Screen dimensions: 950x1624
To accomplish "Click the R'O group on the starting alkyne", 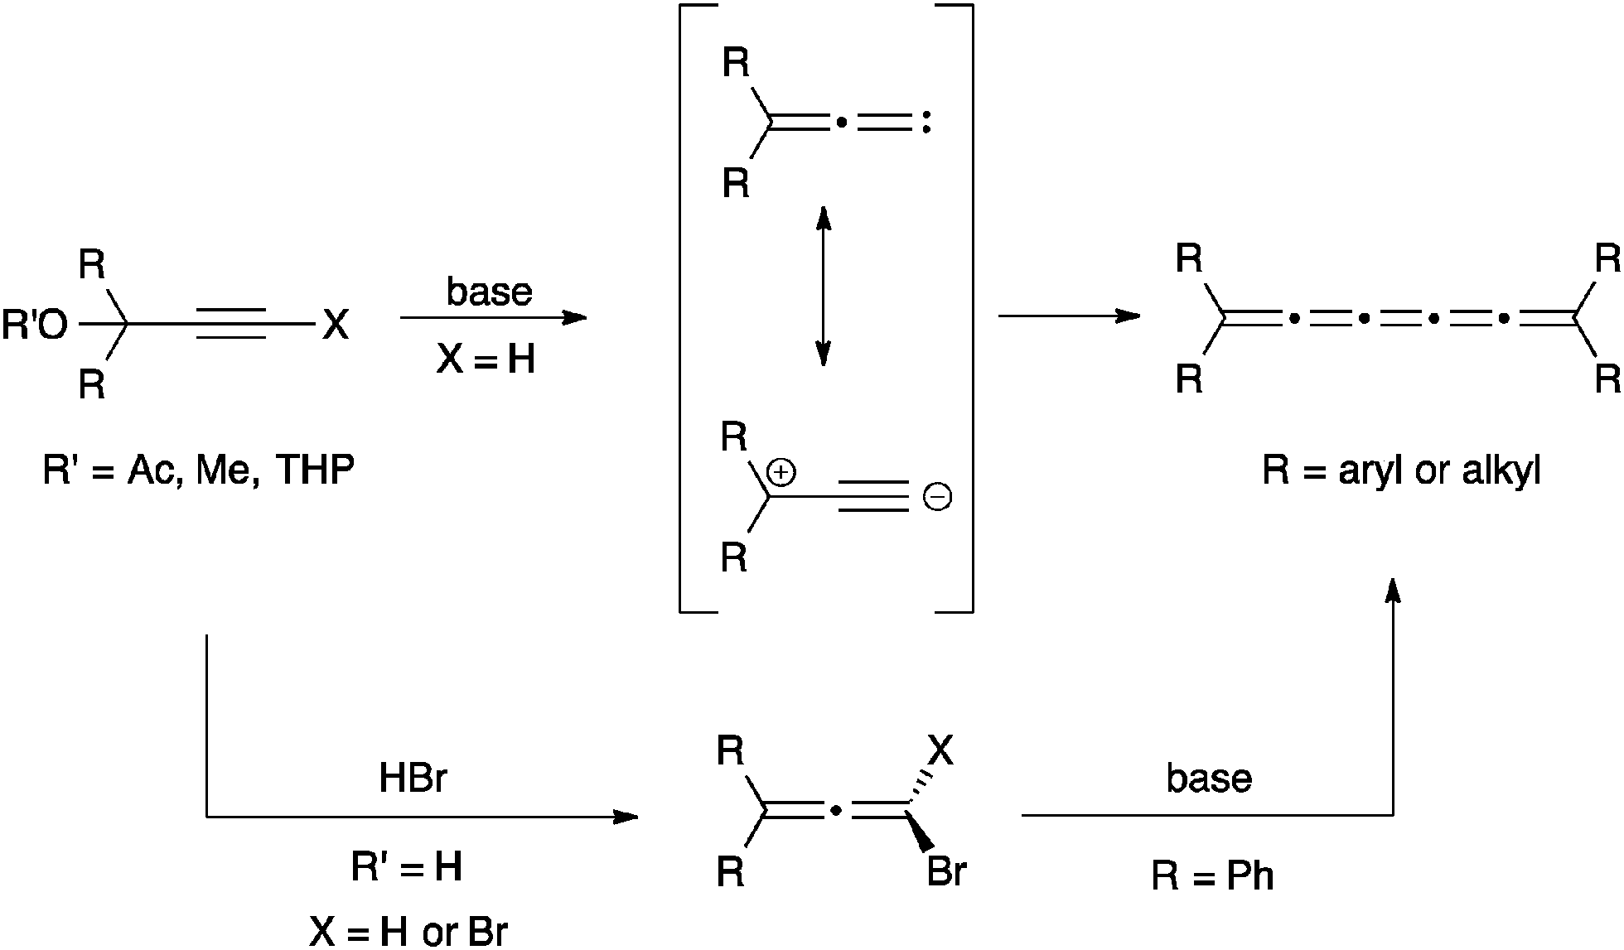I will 35,326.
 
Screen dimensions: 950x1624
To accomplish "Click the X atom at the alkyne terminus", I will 336,326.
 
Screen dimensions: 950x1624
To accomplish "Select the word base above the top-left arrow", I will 489,292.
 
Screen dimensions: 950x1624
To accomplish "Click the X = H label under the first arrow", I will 486,360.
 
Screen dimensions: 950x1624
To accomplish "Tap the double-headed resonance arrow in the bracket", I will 823,287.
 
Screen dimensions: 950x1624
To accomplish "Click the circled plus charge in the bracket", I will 781,473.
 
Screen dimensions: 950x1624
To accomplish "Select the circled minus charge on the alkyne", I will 937,498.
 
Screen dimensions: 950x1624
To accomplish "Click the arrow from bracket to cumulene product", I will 1069,316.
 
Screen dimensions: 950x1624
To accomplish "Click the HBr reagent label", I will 413,779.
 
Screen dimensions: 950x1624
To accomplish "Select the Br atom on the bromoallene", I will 946,872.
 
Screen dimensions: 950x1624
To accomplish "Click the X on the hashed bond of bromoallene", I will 940,751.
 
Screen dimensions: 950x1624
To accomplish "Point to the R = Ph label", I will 1212,876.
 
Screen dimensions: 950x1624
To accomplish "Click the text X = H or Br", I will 408,933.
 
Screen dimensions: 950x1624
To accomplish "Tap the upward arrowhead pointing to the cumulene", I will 1393,590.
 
